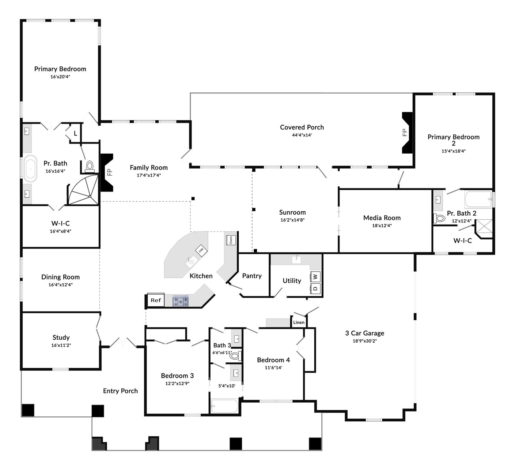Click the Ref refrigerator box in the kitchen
[156, 300]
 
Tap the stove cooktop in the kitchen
[180, 301]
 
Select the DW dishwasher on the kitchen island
[201, 251]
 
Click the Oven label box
[230, 240]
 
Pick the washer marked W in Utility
[316, 277]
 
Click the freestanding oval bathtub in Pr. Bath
[30, 169]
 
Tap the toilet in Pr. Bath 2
[439, 218]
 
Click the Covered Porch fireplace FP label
[404, 132]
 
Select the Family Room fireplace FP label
[110, 172]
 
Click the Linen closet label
[299, 322]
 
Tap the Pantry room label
[252, 276]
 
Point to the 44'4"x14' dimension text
[302, 135]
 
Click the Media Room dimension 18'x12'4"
[382, 226]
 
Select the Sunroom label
[292, 212]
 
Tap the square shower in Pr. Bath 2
[483, 229]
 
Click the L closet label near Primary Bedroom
[75, 133]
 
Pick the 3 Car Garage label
[365, 333]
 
